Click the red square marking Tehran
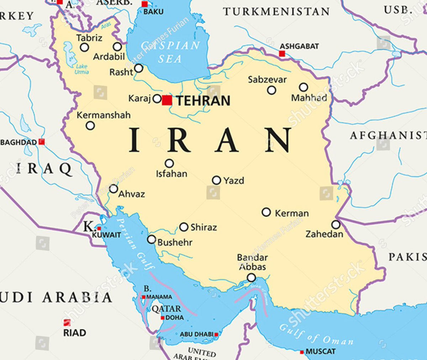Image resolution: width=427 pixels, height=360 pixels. click(x=167, y=100)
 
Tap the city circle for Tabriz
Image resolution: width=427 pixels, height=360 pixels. click(x=84, y=47)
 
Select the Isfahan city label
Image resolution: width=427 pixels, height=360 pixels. click(x=172, y=174)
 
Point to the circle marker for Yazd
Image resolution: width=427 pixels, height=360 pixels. click(x=216, y=180)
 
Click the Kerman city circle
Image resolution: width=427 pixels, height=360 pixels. click(x=266, y=212)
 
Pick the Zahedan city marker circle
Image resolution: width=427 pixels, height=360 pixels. click(x=336, y=225)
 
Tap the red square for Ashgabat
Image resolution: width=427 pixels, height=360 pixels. click(x=282, y=54)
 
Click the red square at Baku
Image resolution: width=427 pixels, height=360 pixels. click(x=144, y=4)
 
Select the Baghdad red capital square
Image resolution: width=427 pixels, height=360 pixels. click(x=42, y=142)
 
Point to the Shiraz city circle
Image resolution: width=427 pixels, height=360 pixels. click(x=184, y=227)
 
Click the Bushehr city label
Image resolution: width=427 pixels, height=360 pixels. click(x=175, y=242)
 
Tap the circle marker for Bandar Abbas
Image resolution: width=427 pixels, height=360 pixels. click(x=252, y=278)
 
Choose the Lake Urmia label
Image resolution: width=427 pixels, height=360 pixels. click(x=81, y=69)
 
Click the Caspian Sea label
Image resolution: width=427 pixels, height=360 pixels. click(x=170, y=52)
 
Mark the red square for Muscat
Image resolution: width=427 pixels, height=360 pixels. click(x=302, y=352)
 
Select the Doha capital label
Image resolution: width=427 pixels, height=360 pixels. click(x=175, y=318)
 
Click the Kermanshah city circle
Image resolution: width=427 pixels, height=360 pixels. click(x=90, y=125)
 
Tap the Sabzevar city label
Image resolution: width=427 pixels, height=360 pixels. click(x=267, y=79)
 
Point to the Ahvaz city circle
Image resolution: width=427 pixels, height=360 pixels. click(x=113, y=189)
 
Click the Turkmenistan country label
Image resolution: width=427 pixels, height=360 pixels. click(x=276, y=11)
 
